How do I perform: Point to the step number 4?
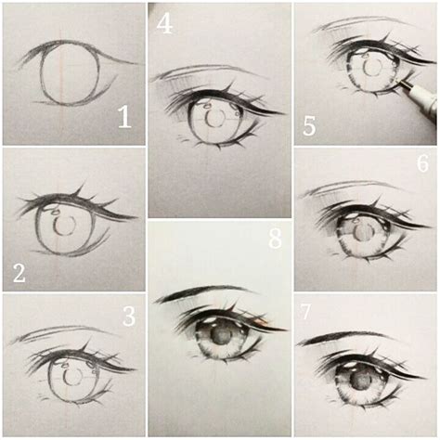tap(164, 21)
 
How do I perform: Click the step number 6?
tap(422, 164)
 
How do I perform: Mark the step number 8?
tap(275, 239)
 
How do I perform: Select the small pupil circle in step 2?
tap(64, 226)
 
